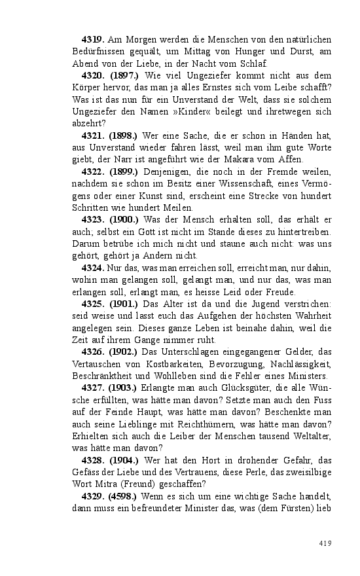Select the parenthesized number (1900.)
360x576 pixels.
(122, 219)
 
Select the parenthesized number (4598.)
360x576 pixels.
(122, 496)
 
